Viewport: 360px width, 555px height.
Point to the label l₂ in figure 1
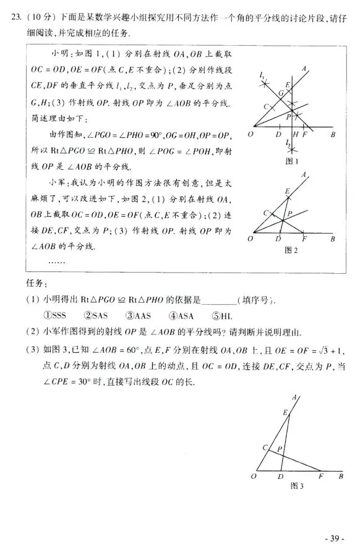tap(288, 143)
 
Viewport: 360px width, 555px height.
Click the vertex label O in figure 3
tap(254, 477)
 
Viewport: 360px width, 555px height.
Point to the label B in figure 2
tap(333, 239)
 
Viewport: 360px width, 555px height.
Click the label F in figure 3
tap(320, 477)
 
